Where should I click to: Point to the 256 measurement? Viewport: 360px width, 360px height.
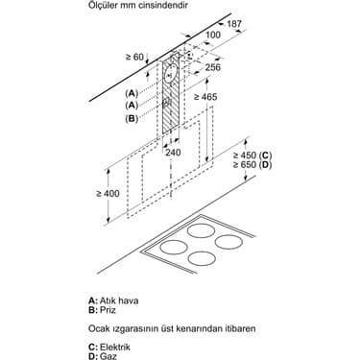pos(214,67)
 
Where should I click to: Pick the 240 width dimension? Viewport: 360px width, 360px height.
pos(173,152)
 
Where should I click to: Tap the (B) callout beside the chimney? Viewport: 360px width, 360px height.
pos(132,118)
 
